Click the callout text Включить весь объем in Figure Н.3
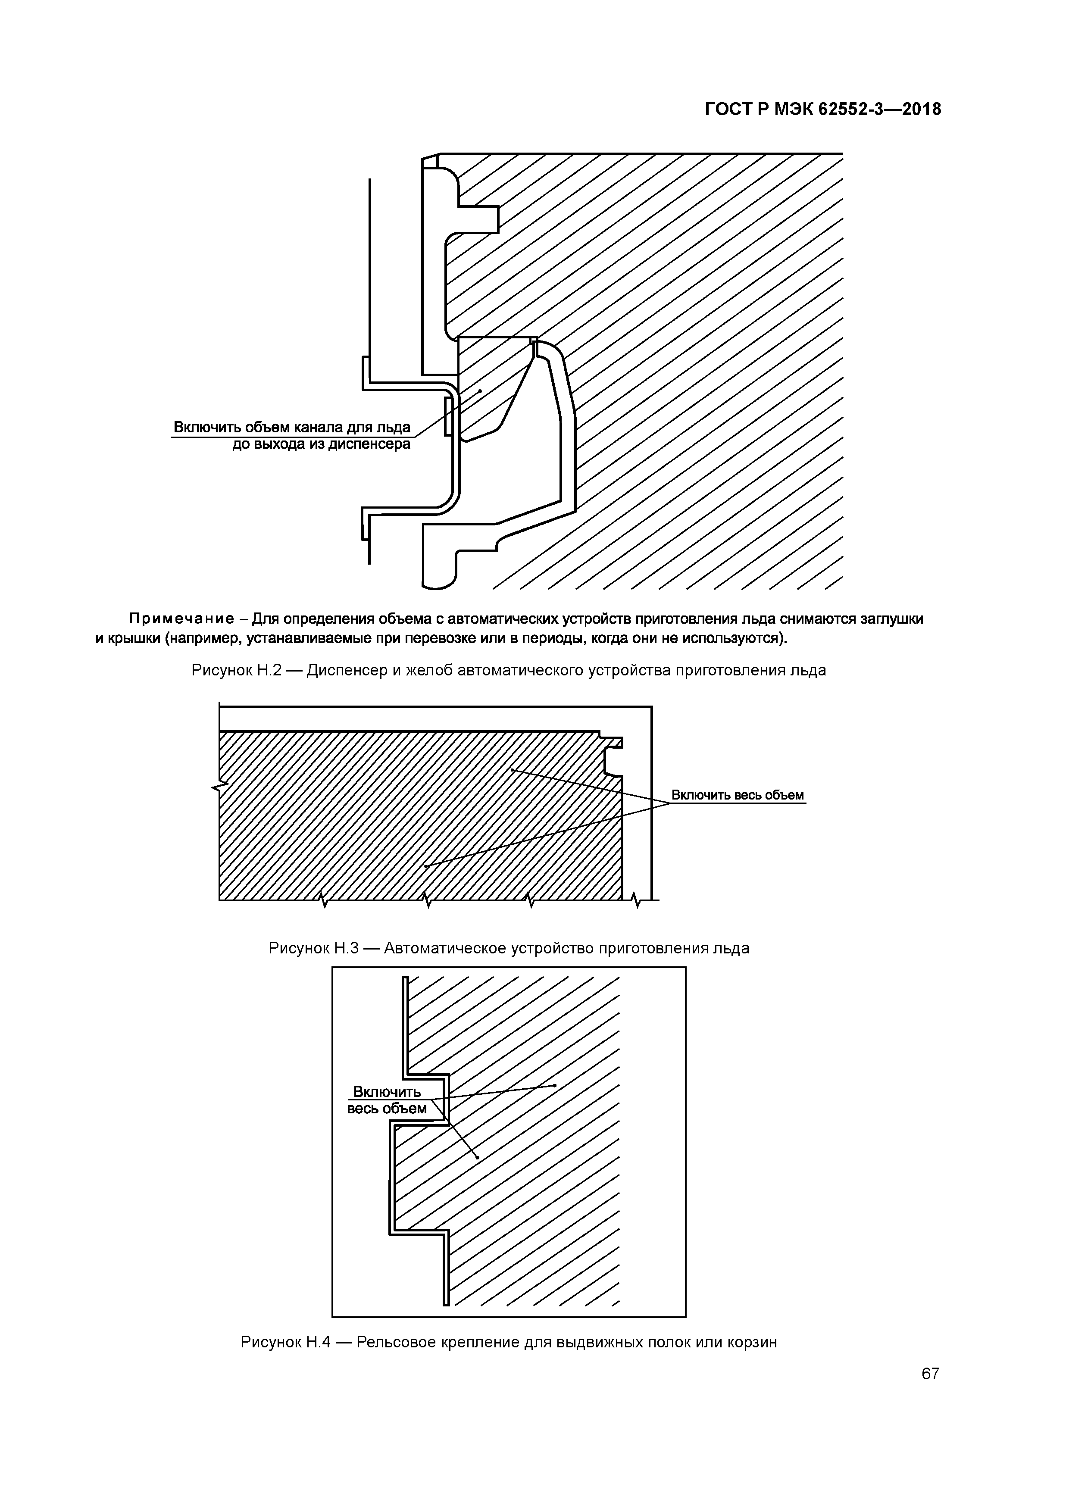737,795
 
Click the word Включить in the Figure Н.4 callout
387,1092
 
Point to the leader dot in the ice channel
480,390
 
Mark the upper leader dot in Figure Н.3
512,770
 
